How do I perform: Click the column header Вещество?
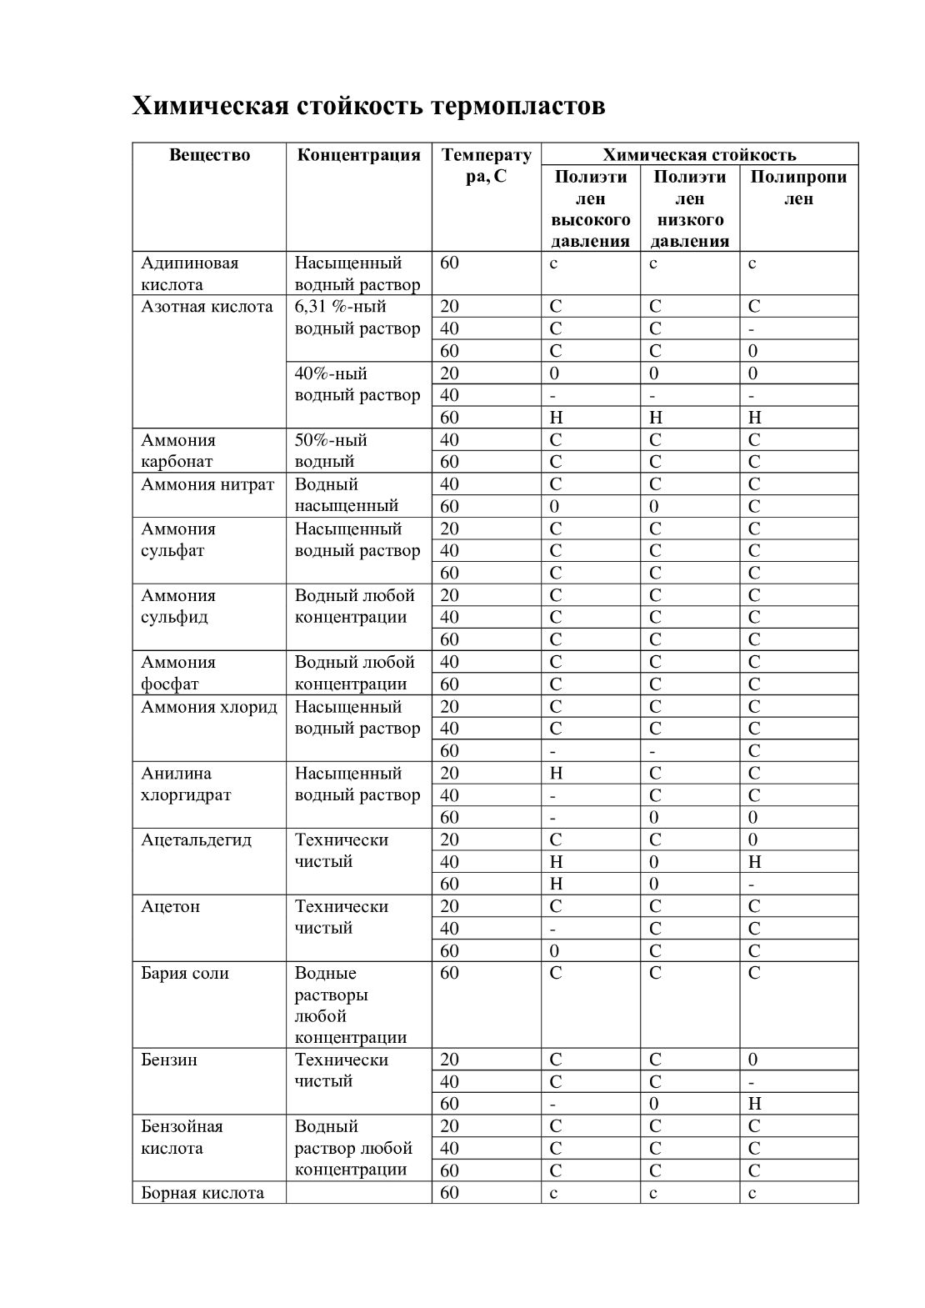click(x=209, y=155)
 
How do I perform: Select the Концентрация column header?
click(x=358, y=155)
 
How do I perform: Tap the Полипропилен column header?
click(x=798, y=188)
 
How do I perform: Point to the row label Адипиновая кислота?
click(x=189, y=273)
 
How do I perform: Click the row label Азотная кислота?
click(x=207, y=307)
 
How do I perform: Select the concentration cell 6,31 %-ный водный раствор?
click(x=357, y=318)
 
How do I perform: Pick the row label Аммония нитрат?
click(x=207, y=484)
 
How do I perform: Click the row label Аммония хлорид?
click(x=209, y=707)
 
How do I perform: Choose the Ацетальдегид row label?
click(x=196, y=839)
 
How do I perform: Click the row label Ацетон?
click(x=170, y=906)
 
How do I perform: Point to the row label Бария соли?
click(x=184, y=973)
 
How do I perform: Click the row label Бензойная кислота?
click(x=182, y=1137)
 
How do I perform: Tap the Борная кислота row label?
click(x=202, y=1193)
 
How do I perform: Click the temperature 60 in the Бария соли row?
click(x=449, y=973)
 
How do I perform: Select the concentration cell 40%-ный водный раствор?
click(x=357, y=384)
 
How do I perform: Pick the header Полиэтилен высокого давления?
click(x=590, y=209)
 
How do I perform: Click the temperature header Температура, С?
click(x=486, y=165)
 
